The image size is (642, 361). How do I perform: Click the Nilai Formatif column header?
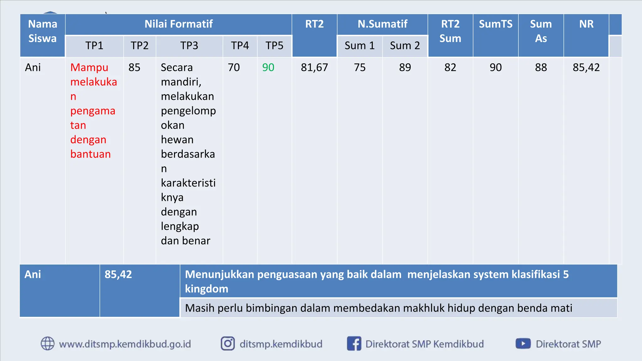178,24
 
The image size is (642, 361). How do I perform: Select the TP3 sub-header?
189,46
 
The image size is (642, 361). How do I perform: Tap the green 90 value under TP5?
268,67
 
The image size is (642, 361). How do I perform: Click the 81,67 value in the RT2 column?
314,67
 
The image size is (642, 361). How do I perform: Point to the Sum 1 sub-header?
360,46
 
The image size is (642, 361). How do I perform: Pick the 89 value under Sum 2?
405,67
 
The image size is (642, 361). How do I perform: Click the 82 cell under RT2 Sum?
450,67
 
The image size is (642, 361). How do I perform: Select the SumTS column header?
495,24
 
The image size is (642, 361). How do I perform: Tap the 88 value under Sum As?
541,67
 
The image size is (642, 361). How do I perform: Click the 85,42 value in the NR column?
586,67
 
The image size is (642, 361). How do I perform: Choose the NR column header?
586,24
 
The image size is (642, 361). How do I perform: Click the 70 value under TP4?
234,67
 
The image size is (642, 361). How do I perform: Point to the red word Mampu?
89,67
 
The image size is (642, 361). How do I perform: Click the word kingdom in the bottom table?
207,289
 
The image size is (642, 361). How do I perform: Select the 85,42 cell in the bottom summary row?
118,275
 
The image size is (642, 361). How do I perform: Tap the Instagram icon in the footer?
228,343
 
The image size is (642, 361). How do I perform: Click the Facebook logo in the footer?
354,343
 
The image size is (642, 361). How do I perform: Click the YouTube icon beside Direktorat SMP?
523,343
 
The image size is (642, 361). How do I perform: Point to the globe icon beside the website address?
48,343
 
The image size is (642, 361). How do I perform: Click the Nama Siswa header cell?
43,31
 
